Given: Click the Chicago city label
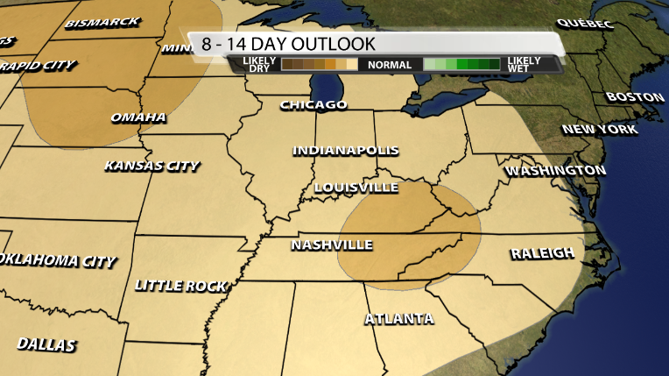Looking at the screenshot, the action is click(313, 105).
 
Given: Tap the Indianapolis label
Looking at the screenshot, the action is click(346, 151).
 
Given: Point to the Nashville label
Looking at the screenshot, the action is click(332, 245).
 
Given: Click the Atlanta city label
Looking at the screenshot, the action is click(399, 318).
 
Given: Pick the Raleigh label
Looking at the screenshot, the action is click(543, 253).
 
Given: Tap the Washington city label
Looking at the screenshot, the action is click(556, 169).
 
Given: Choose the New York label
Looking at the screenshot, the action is click(600, 130).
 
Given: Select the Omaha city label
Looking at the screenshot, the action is click(138, 117).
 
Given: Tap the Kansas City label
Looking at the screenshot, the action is click(151, 166).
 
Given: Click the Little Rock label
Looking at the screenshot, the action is click(181, 286).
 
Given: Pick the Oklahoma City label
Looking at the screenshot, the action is click(58, 261).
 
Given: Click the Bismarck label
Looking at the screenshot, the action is click(102, 23).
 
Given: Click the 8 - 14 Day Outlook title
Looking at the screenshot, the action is click(288, 44).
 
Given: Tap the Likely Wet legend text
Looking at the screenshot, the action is click(523, 64).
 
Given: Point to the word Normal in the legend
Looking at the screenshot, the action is click(390, 65).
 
